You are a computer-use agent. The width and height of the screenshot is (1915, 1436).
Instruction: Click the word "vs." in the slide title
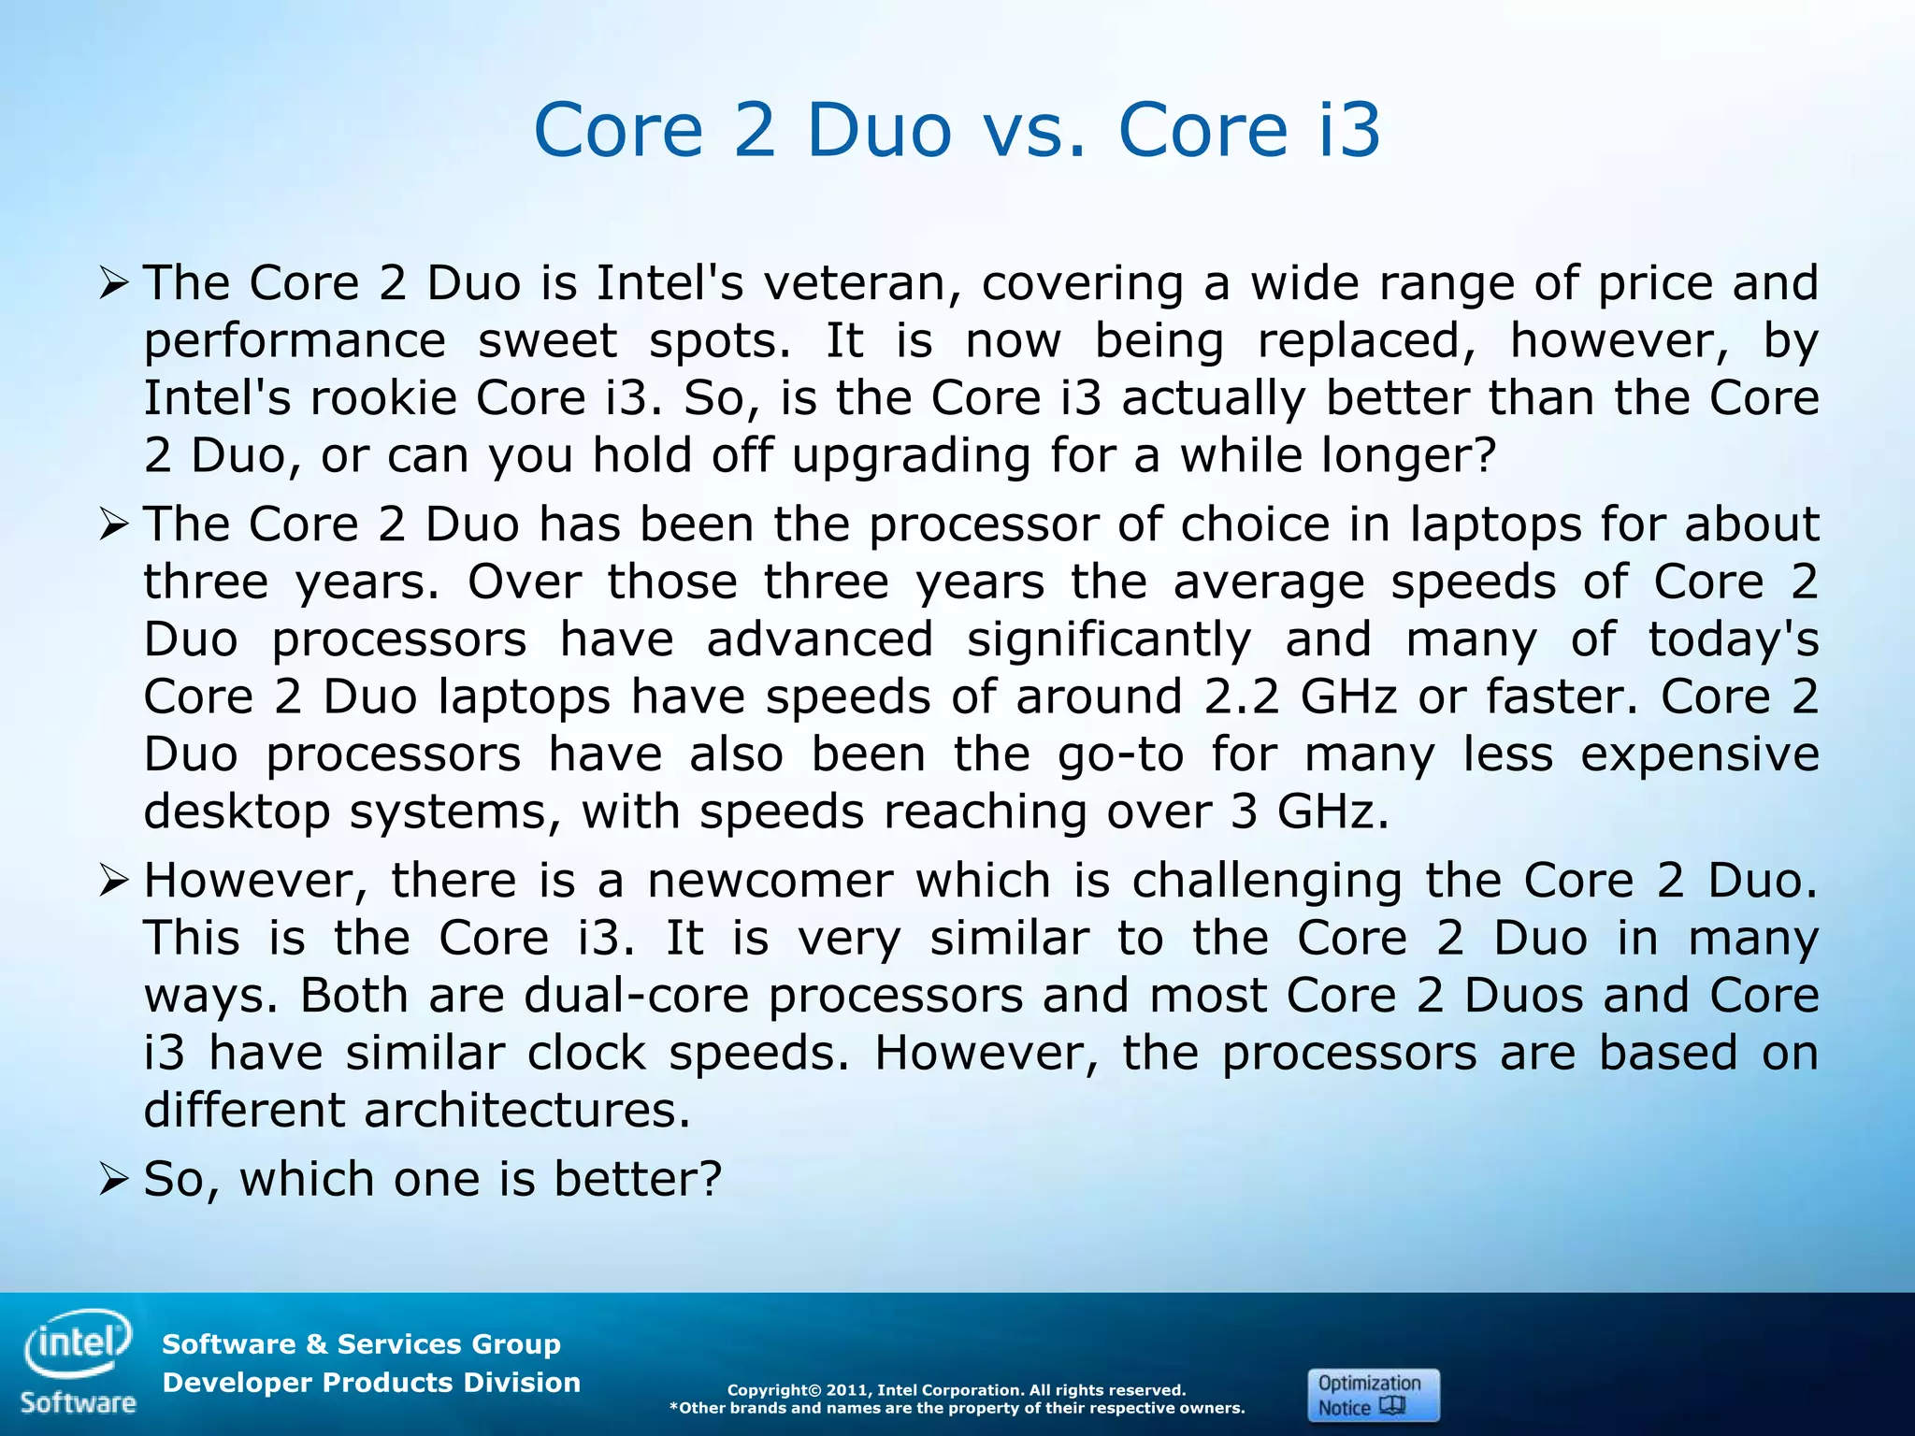1034,130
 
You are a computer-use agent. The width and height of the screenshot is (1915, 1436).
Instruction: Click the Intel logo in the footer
79,1344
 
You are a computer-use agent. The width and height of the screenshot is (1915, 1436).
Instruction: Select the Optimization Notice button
1373,1395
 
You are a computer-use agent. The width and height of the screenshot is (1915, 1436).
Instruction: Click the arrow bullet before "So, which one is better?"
113,1180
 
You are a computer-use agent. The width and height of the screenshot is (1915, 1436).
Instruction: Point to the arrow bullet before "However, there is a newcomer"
113,881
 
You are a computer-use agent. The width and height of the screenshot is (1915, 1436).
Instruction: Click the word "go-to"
1120,755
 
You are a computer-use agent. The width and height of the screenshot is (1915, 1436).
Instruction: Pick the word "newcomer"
770,881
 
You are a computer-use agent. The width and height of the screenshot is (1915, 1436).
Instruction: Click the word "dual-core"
636,996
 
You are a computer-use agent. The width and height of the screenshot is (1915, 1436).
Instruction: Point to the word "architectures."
526,1111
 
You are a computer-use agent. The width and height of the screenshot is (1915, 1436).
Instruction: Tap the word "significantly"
1108,640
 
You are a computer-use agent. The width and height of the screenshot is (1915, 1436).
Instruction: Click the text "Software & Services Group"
361,1344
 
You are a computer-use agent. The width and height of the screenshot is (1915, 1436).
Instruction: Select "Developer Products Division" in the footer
371,1383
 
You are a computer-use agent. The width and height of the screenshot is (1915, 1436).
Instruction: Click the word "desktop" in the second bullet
237,812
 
